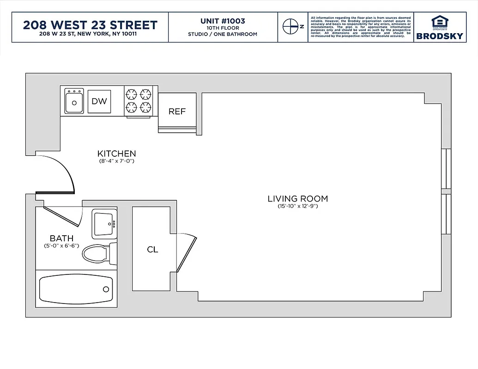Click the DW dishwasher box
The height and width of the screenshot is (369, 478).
[x=99, y=101]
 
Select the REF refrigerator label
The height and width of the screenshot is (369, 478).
[x=177, y=111]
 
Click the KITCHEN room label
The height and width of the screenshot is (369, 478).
[x=116, y=154]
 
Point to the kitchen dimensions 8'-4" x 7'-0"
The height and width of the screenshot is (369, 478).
[x=116, y=161]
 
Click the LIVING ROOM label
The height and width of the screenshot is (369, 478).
[x=297, y=199]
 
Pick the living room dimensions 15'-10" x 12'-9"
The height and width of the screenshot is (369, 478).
[x=297, y=206]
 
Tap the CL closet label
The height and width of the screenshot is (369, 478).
[x=152, y=250]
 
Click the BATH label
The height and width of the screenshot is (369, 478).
[x=61, y=238]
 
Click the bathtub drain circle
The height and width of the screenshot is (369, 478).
[x=106, y=289]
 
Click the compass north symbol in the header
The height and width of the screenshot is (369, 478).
[x=290, y=27]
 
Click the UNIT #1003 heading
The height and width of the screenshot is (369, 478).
[x=223, y=21]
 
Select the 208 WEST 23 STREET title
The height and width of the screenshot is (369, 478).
[x=90, y=24]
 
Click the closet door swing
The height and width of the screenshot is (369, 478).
[x=186, y=251]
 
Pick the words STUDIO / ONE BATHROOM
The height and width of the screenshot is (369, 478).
[x=223, y=34]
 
